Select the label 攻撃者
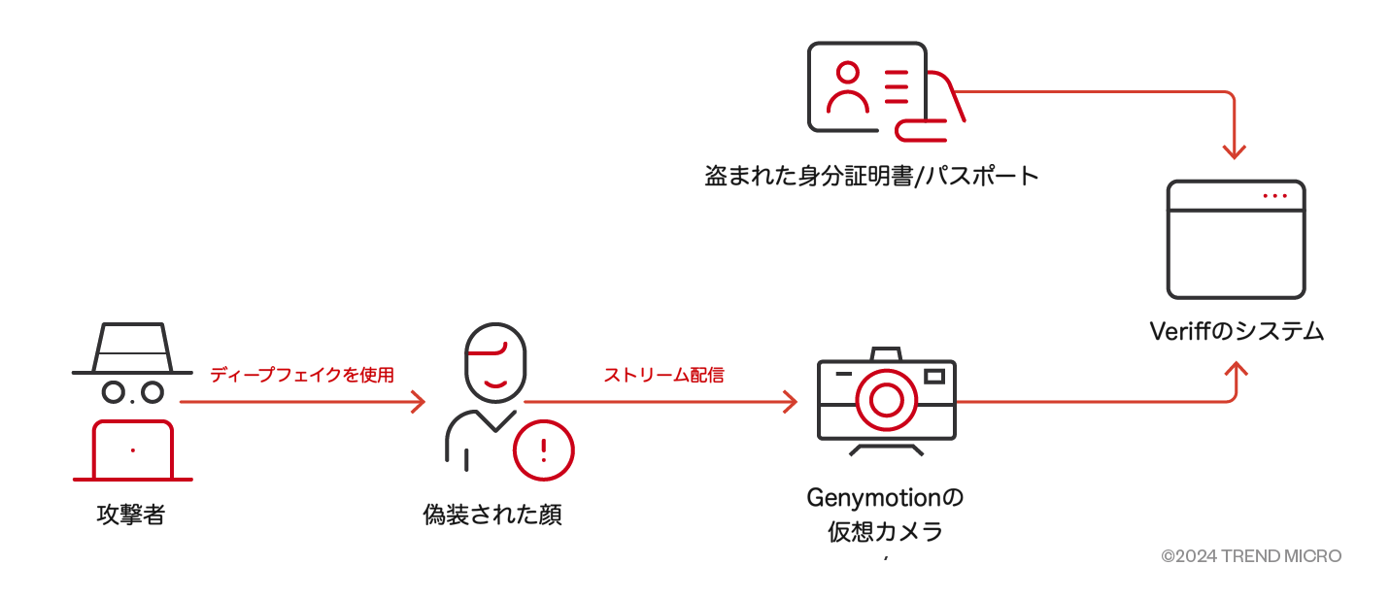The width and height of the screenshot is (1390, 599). [131, 515]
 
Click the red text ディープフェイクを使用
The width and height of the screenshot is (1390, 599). [302, 375]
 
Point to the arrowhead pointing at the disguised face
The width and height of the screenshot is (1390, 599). [419, 401]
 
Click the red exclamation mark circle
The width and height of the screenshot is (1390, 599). [543, 449]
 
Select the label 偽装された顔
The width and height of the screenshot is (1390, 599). [492, 515]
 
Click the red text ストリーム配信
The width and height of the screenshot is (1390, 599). [663, 375]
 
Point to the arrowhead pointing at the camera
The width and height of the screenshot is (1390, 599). [791, 401]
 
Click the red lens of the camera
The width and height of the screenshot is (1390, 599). [886, 399]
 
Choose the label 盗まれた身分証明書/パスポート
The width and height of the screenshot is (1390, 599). [871, 177]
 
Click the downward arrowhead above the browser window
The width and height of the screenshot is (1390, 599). [1234, 151]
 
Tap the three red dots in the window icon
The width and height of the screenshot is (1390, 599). [1271, 196]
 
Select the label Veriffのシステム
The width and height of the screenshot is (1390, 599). [1236, 331]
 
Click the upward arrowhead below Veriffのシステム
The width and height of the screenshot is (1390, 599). [1235, 371]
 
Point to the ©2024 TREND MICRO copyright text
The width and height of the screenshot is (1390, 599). [1251, 556]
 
